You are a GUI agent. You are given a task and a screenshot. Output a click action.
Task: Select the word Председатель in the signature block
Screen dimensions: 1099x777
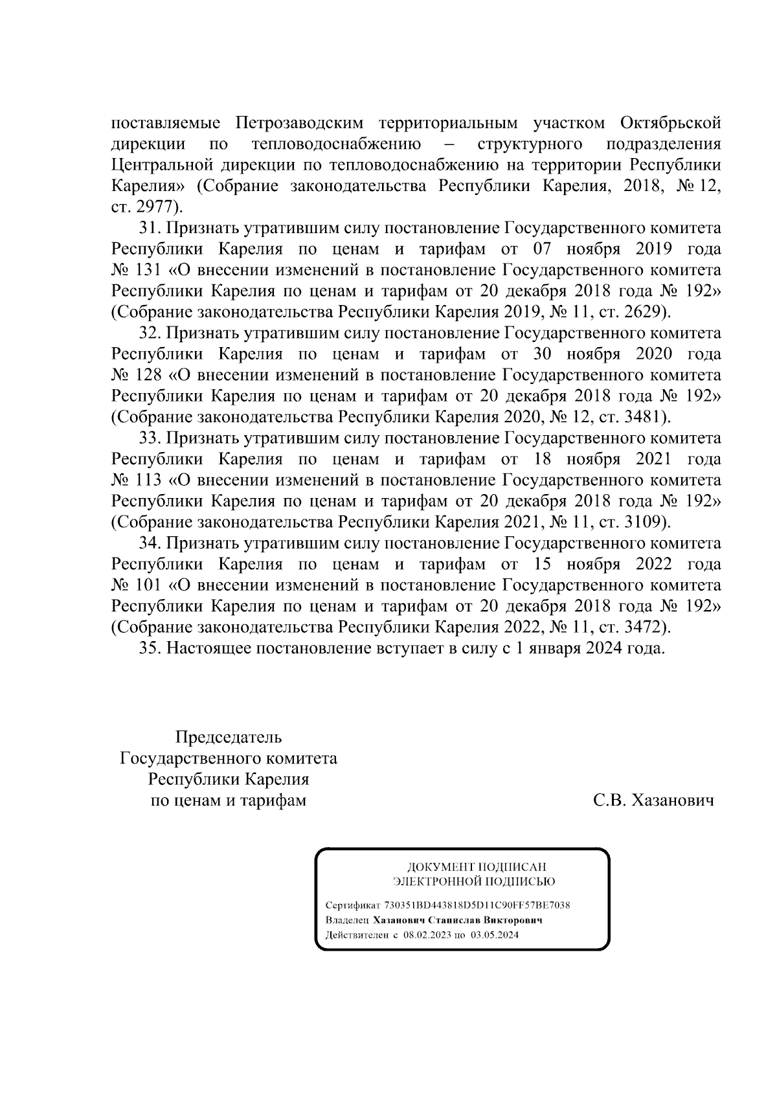tap(229, 738)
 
